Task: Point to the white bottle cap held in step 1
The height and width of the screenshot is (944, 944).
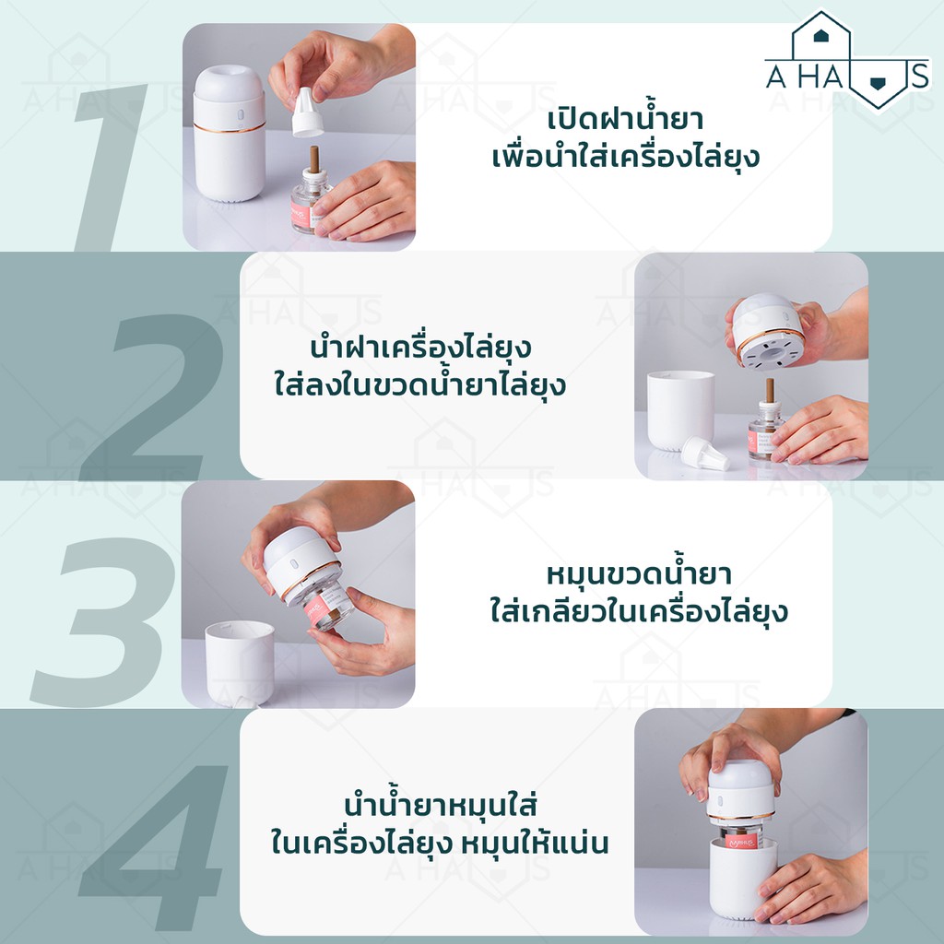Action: (306, 113)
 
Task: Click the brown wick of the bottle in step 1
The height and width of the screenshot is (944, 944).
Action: (313, 159)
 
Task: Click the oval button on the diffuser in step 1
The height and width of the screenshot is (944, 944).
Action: (240, 115)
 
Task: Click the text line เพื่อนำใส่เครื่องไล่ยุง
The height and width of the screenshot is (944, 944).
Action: (626, 157)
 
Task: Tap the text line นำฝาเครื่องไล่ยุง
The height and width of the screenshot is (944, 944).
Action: (420, 347)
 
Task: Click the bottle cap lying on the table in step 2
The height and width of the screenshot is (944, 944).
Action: (704, 454)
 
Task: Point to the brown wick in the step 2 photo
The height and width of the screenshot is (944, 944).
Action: (770, 391)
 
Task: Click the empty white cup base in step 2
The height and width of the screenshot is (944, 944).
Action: (680, 410)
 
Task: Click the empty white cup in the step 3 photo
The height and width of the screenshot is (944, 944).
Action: (240, 662)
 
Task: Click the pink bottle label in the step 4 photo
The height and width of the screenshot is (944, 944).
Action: (740, 841)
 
